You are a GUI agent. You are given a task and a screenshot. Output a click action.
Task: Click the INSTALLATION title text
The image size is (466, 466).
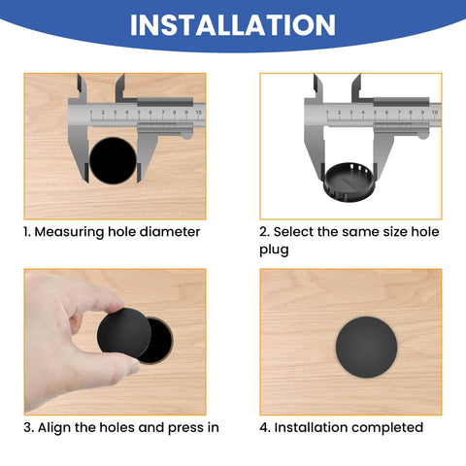click(233, 24)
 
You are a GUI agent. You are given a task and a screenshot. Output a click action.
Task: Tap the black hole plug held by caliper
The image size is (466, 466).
click(349, 178)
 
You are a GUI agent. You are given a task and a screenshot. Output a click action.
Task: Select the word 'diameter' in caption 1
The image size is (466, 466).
click(171, 232)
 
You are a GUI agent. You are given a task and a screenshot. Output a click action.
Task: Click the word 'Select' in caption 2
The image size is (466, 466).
click(297, 232)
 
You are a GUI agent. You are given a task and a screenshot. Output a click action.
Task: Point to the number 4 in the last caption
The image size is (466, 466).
click(264, 427)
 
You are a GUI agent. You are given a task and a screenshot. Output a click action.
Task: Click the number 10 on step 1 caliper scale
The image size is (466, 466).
click(197, 112)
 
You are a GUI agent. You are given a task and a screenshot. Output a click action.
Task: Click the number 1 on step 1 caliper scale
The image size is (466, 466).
click(92, 113)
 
